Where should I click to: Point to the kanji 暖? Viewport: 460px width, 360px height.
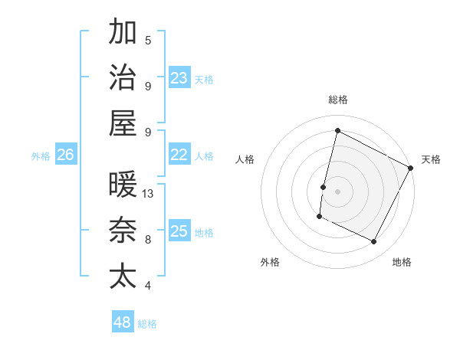pyautogui.click(x=123, y=185)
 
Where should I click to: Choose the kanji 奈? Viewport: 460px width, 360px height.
pyautogui.click(x=123, y=231)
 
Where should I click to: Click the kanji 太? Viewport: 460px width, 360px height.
pyautogui.click(x=123, y=276)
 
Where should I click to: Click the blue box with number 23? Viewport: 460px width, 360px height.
pyautogui.click(x=179, y=77)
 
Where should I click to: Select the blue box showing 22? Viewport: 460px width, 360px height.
pyautogui.click(x=179, y=155)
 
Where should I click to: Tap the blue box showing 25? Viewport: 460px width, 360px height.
pyautogui.click(x=179, y=231)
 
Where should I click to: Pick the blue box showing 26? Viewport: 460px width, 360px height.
pyautogui.click(x=65, y=155)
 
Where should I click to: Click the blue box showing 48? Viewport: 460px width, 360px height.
pyautogui.click(x=123, y=322)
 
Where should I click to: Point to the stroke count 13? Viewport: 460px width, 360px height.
pyautogui.click(x=149, y=193)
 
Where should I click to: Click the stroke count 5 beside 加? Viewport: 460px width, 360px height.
pyautogui.click(x=148, y=40)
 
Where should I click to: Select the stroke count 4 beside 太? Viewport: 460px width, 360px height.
pyautogui.click(x=148, y=286)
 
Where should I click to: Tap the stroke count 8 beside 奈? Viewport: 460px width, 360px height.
pyautogui.click(x=148, y=239)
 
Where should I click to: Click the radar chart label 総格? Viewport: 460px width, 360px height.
pyautogui.click(x=337, y=100)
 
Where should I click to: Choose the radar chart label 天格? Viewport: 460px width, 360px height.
pyautogui.click(x=431, y=159)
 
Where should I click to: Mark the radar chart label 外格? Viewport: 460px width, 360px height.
pyautogui.click(x=270, y=262)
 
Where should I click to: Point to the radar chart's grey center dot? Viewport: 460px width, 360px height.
pyautogui.click(x=337, y=191)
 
